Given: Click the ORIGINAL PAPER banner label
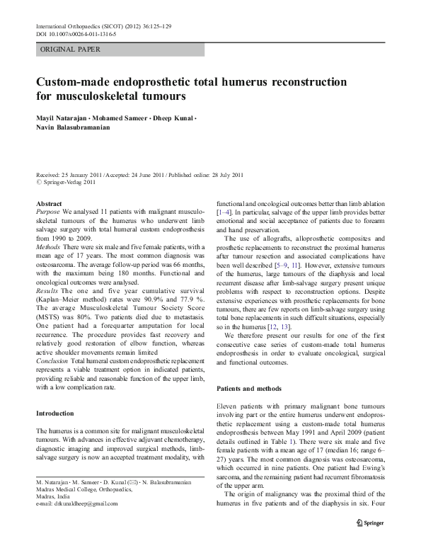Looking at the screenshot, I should pyautogui.click(x=71, y=50).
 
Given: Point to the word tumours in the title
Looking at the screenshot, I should pyautogui.click(x=161, y=95).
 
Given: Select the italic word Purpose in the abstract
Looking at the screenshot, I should pyautogui.click(x=48, y=212).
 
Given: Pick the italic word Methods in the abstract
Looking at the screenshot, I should pyautogui.click(x=48, y=242).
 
